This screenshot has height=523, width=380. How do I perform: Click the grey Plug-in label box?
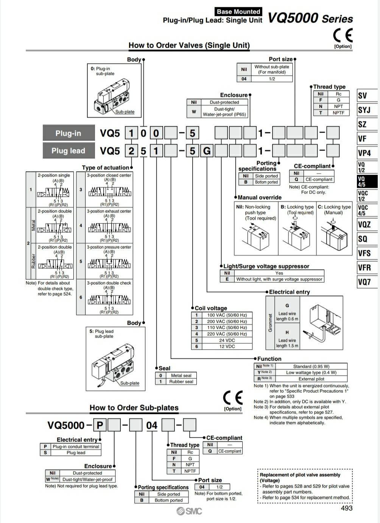point(69,133)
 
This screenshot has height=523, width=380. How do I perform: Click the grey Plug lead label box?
point(69,151)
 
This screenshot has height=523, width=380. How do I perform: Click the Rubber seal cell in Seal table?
point(181,382)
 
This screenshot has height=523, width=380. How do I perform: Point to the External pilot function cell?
point(311,379)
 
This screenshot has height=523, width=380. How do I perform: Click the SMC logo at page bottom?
point(189,511)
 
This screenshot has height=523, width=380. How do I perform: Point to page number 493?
point(346,508)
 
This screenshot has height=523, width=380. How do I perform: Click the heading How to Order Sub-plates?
point(134,408)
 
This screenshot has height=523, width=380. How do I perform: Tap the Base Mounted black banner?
point(238,12)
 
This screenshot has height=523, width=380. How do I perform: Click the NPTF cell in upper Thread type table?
point(338,113)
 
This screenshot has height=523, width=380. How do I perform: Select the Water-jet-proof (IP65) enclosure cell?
point(224,112)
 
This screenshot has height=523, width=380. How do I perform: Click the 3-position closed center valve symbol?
point(109,192)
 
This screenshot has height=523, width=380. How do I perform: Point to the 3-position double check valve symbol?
point(109,300)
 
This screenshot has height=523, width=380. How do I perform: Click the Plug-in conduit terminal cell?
point(76,446)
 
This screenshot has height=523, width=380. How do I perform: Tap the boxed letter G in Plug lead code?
point(207,151)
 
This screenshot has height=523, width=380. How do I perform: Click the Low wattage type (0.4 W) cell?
point(311,372)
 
